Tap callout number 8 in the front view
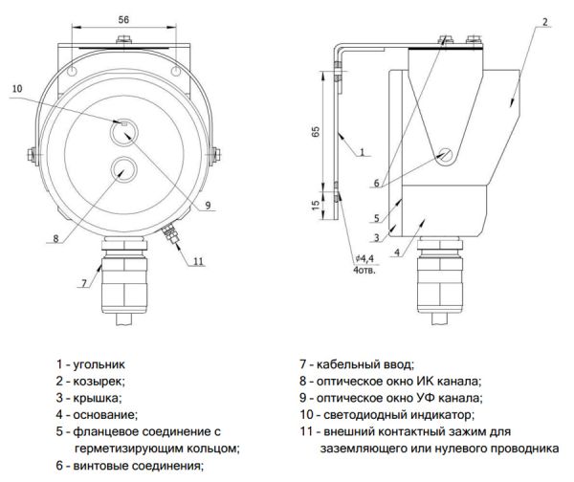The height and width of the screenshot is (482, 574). coord(55,238)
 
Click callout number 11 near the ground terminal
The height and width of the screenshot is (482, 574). coord(197,260)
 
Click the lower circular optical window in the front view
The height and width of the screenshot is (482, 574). coord(123,170)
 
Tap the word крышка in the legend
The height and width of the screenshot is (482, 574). coord(97,398)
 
